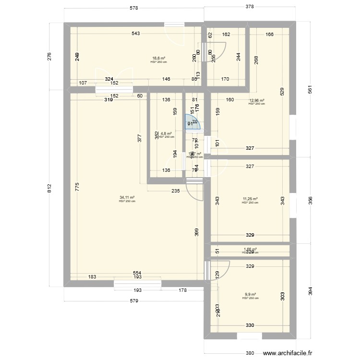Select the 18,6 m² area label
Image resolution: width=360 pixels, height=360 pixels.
pos(158,58)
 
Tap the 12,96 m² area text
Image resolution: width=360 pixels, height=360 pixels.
pos(256,100)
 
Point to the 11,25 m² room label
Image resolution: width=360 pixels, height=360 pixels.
pos(250,199)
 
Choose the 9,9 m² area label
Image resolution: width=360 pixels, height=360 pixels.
pos(250,295)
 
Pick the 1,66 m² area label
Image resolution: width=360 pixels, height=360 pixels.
pos(250,249)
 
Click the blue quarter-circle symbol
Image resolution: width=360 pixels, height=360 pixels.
pos(193,122)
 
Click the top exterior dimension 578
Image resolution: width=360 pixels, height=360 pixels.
pos(134,8)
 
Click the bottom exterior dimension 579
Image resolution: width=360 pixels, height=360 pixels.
pos(134,301)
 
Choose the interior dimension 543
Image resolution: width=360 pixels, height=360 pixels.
pos(136,34)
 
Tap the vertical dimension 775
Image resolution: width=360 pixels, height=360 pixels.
pos(77,187)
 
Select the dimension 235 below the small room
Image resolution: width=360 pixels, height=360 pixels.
pos(175,191)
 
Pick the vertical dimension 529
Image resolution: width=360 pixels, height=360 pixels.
pos(282,92)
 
